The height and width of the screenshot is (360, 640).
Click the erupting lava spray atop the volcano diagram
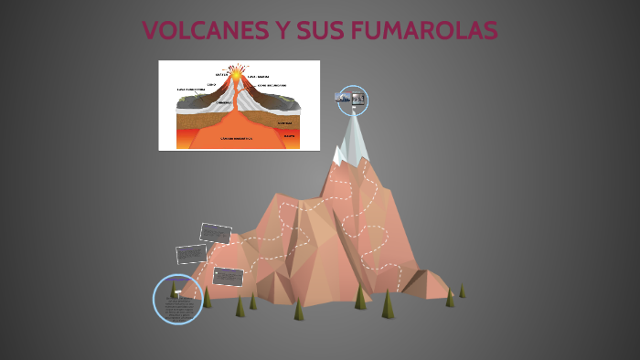click(x=237, y=70)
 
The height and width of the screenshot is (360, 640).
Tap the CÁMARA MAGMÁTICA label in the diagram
click(x=235, y=138)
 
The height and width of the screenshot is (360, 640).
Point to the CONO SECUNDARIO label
click(x=272, y=85)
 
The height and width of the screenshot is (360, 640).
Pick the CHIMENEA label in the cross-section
click(x=225, y=102)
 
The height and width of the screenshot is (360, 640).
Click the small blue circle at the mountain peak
click(x=352, y=100)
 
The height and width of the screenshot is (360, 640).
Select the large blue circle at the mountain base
click(x=177, y=299)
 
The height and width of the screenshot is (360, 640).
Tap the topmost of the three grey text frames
click(x=215, y=233)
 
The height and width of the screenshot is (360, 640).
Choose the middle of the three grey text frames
click(x=191, y=253)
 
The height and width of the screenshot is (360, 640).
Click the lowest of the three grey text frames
click(x=228, y=275)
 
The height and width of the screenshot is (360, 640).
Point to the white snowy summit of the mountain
click(x=352, y=137)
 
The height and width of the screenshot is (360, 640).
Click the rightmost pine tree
click(x=462, y=291)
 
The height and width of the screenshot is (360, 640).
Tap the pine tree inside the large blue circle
click(x=174, y=290)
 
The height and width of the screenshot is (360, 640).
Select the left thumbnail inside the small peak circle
click(x=344, y=96)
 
